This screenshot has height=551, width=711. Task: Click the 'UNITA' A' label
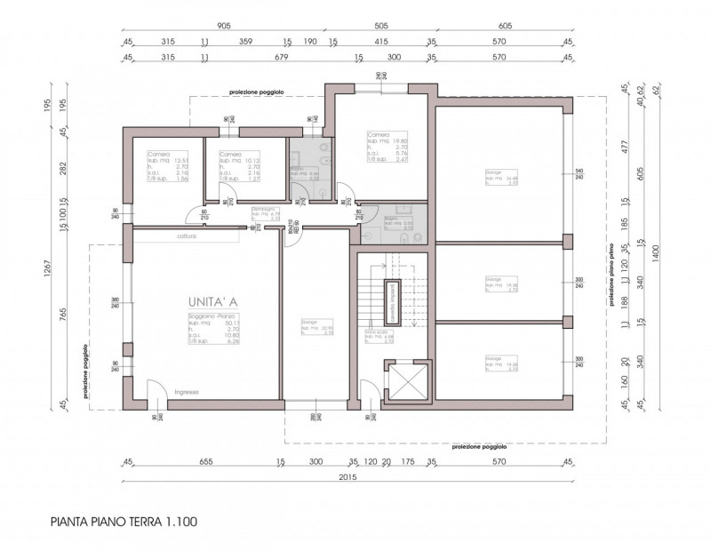[x=213, y=302]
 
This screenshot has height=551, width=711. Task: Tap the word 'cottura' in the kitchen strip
[x=186, y=236]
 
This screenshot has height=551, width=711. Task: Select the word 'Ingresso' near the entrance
[x=186, y=392]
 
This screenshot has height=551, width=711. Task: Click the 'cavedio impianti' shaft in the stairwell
[x=390, y=301]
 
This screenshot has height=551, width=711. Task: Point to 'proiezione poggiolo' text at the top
[x=255, y=92]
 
